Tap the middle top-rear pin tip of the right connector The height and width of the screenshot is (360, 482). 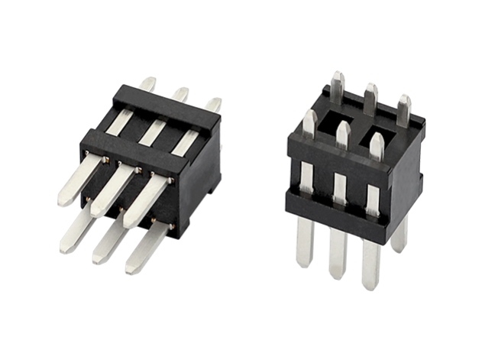[370, 93]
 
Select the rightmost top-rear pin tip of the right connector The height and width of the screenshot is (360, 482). [403, 105]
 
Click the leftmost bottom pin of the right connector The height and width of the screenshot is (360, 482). [303, 241]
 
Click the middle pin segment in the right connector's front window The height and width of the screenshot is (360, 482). [338, 183]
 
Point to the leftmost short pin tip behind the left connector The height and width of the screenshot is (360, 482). [148, 83]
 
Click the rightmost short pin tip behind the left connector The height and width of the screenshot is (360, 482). [215, 104]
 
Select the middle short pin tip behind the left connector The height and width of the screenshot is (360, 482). [181, 93]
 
